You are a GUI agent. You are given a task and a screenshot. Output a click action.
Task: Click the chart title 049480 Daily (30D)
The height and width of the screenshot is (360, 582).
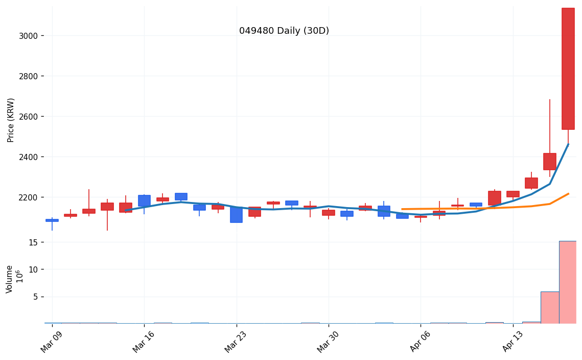tap(284, 31)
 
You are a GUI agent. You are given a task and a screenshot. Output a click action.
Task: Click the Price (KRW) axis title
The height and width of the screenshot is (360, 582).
tap(11, 120)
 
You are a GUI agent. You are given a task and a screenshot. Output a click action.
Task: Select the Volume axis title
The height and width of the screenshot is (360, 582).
tap(10, 279)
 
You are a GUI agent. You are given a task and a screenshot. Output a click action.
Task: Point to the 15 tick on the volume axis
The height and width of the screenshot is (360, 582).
tap(33, 242)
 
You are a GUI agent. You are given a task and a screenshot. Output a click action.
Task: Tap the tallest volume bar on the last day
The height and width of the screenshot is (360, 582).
tap(568, 282)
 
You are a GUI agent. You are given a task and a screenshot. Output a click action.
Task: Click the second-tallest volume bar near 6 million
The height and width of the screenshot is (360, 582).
tap(550, 308)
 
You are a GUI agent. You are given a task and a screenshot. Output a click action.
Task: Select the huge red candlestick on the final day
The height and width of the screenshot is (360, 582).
tap(568, 69)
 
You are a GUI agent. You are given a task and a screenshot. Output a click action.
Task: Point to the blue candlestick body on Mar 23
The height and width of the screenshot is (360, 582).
tap(236, 215)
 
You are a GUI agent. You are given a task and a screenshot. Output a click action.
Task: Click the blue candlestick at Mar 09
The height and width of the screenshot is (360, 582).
tap(52, 220)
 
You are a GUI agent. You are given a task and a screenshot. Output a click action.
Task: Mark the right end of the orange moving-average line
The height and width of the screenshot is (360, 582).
tap(568, 194)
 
